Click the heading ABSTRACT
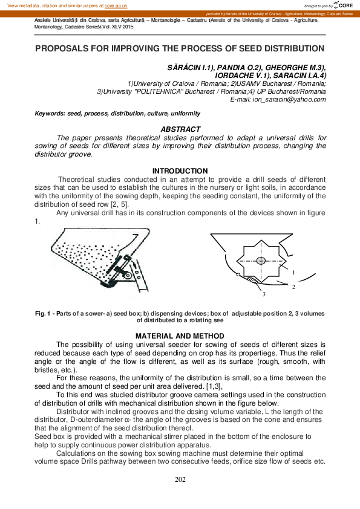(180, 129)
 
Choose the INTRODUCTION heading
(180, 171)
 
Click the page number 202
(180, 479)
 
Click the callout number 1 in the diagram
(293, 273)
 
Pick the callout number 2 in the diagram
(293, 287)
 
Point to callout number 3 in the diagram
(264, 294)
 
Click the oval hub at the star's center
(260, 261)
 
